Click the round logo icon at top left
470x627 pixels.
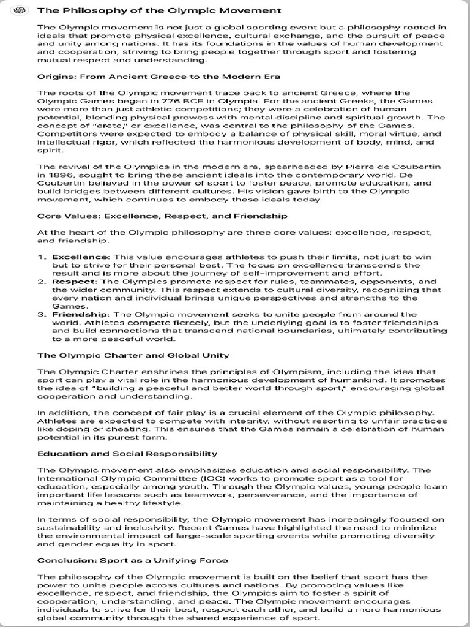(x=24, y=10)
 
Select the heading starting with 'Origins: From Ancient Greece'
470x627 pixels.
(x=159, y=77)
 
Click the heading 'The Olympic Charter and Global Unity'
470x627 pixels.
(x=133, y=355)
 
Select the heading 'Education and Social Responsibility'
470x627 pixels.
(x=127, y=454)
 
